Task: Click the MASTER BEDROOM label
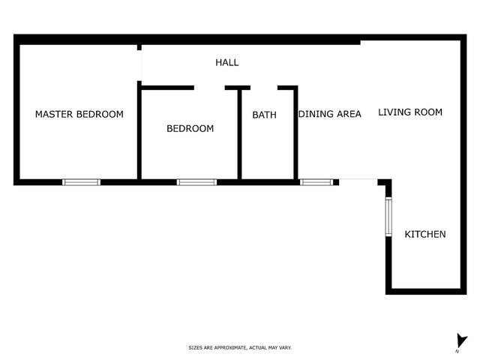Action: [x=79, y=114]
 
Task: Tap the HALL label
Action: [x=226, y=62]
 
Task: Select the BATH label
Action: [x=264, y=115]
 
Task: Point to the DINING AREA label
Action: [x=330, y=114]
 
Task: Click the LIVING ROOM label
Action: [x=410, y=112]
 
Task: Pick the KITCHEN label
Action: [x=425, y=234]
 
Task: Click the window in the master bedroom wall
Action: [x=82, y=182]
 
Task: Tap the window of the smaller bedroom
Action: [x=196, y=182]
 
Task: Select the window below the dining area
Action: [x=316, y=182]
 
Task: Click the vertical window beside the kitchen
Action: [x=388, y=217]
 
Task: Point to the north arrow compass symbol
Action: [x=461, y=342]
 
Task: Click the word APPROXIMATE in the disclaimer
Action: [x=230, y=348]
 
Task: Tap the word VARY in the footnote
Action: [x=285, y=348]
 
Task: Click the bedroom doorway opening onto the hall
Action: [x=209, y=88]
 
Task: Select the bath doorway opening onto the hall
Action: [x=264, y=88]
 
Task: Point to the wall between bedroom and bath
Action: [x=240, y=134]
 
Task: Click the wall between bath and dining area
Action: [x=295, y=133]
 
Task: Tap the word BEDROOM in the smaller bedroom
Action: [x=190, y=128]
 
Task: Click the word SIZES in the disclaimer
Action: [x=195, y=348]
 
